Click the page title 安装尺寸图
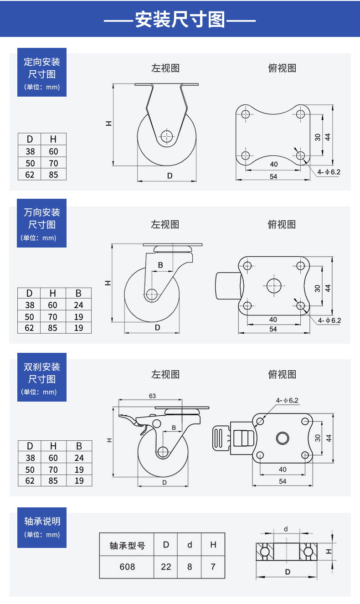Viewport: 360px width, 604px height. click(180, 19)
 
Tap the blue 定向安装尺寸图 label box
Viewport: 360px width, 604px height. click(42, 72)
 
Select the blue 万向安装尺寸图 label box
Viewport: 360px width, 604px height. click(42, 223)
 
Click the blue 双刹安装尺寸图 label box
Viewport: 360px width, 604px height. click(42, 377)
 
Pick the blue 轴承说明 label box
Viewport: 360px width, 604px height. click(42, 527)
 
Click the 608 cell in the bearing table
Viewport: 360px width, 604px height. click(127, 567)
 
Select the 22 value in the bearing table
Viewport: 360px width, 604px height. click(166, 567)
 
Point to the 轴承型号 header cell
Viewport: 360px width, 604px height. click(127, 545)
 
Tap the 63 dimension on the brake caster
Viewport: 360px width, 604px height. click(152, 396)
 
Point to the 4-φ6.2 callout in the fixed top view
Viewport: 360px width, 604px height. click(329, 172)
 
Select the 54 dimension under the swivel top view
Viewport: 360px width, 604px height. click(273, 329)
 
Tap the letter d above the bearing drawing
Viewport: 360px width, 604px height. click(286, 529)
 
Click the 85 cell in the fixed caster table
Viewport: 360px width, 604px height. click(54, 174)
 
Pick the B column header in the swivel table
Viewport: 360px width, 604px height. click(78, 293)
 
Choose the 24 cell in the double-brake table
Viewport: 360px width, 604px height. click(79, 458)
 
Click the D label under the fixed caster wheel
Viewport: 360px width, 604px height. click(170, 176)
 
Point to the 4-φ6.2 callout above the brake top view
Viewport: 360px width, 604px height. click(287, 400)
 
